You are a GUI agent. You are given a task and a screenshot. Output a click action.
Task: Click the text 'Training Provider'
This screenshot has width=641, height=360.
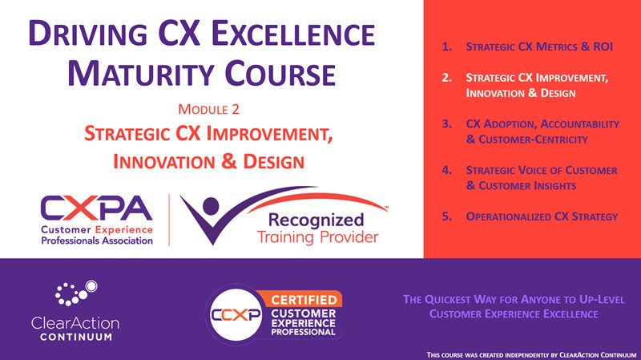(x=317, y=238)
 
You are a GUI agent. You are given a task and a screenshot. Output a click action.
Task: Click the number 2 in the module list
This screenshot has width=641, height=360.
(x=446, y=79)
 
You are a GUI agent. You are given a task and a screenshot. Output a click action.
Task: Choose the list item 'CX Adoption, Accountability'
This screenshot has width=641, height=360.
(x=541, y=124)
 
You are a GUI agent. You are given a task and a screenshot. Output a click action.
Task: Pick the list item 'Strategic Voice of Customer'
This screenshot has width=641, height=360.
(x=541, y=170)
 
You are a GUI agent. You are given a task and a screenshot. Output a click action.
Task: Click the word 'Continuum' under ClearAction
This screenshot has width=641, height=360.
(x=75, y=338)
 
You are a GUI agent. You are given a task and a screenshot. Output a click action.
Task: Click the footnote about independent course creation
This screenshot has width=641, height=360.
(x=529, y=353)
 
